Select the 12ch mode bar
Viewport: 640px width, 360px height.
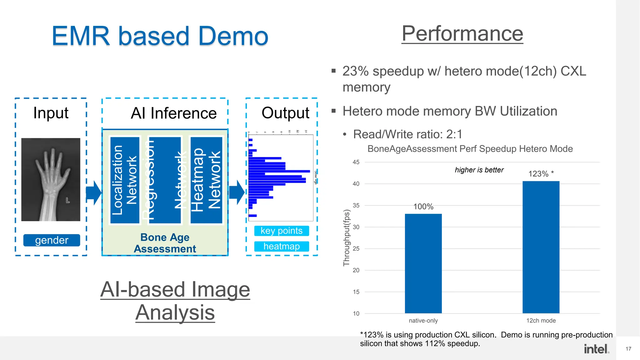[x=541, y=247]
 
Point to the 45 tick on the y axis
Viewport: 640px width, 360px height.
[x=356, y=162]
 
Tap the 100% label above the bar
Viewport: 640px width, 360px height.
[x=423, y=207]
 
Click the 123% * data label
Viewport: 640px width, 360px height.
[x=541, y=174]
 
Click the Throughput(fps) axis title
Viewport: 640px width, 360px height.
[x=346, y=237]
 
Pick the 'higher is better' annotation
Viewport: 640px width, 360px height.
[x=479, y=170]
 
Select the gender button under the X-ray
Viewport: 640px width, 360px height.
[x=52, y=240]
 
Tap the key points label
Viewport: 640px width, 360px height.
[x=282, y=231]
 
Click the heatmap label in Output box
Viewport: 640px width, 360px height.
[x=282, y=246]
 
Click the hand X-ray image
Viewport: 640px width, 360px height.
[x=51, y=179]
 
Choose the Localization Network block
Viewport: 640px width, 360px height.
[x=125, y=180]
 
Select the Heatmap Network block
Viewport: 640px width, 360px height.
[x=206, y=180]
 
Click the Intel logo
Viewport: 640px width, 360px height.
[x=596, y=349]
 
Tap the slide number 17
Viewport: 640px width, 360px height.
[x=628, y=349]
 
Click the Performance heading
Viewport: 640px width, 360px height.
[x=462, y=33]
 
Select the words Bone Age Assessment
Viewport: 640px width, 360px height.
[x=165, y=243]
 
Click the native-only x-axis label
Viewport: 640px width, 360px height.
[x=423, y=321]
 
